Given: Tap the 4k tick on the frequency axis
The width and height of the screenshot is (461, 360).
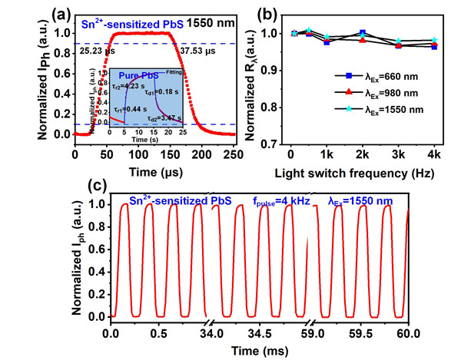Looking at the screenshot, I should point(435,153).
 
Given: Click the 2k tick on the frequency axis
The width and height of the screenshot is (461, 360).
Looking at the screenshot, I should point(363,153).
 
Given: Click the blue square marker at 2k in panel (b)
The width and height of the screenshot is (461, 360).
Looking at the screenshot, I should point(363,33).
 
